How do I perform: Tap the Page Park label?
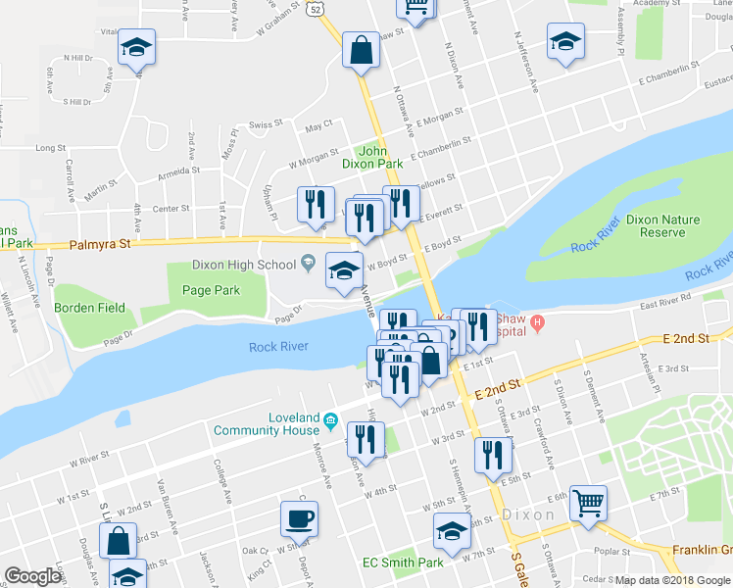click(211, 290)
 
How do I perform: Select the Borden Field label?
click(89, 308)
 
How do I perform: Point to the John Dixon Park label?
click(380, 157)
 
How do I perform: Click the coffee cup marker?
click(298, 518)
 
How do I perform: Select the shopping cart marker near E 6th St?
click(588, 505)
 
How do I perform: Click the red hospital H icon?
click(537, 321)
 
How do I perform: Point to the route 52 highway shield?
click(313, 8)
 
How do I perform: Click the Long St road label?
click(50, 148)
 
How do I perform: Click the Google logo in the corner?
click(32, 576)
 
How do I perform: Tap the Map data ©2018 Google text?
click(672, 580)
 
